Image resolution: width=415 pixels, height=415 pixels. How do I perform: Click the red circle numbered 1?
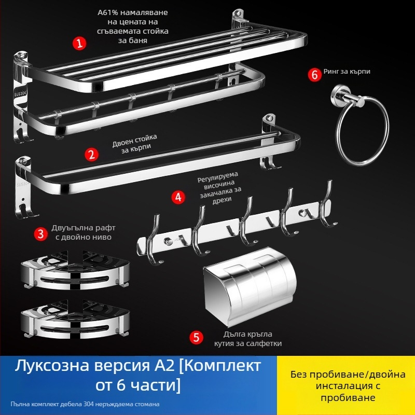coord(79,43)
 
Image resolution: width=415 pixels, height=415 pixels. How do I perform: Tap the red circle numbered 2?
coord(92,154)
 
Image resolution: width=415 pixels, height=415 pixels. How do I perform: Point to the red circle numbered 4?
coord(178,197)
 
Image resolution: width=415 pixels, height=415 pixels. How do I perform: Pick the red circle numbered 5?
coord(196,338)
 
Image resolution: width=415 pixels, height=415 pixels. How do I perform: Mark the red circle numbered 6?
coord(314,75)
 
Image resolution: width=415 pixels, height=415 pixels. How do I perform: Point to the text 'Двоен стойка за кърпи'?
coord(135,144)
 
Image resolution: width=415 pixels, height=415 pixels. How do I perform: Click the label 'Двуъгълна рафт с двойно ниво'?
coord(81,232)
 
